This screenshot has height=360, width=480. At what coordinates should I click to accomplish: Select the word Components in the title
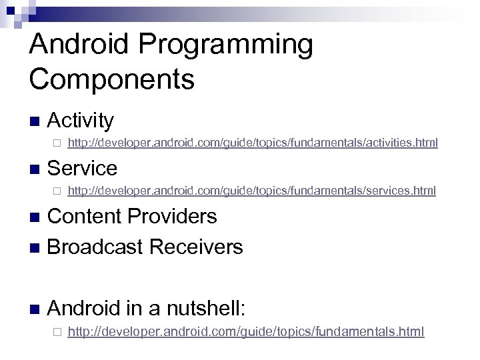112,79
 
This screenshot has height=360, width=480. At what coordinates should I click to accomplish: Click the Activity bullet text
81,121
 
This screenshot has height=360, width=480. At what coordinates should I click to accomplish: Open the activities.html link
253,143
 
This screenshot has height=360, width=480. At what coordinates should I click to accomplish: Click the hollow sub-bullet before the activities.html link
57,143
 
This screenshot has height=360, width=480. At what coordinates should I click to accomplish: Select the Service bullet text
83,168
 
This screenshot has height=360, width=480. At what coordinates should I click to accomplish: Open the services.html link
252,191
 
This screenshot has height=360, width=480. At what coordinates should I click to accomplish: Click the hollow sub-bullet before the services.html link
57,191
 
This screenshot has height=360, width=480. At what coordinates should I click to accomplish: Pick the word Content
85,217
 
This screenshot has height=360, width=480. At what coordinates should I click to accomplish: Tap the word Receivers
197,247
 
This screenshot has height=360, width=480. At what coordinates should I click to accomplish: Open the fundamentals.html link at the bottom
246,331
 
